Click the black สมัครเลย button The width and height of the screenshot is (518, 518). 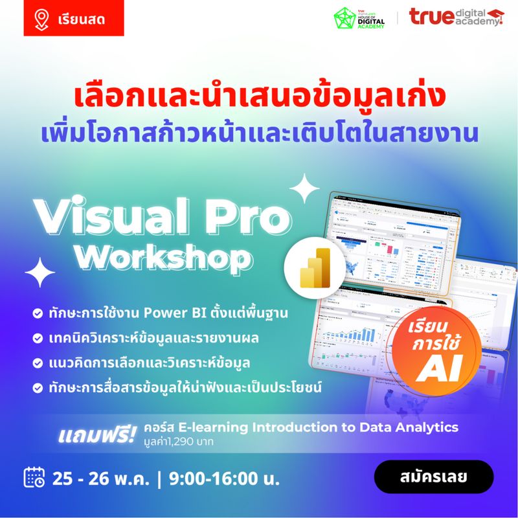(x=434, y=477)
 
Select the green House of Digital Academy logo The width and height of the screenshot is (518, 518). (x=359, y=17)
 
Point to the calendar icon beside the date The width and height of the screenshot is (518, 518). (x=34, y=478)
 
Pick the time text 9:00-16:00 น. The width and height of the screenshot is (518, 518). (x=224, y=479)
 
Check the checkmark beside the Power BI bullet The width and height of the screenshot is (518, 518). (x=38, y=314)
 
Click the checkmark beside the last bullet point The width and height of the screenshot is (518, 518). (x=38, y=388)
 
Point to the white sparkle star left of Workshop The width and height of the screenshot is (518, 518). (x=39, y=272)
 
